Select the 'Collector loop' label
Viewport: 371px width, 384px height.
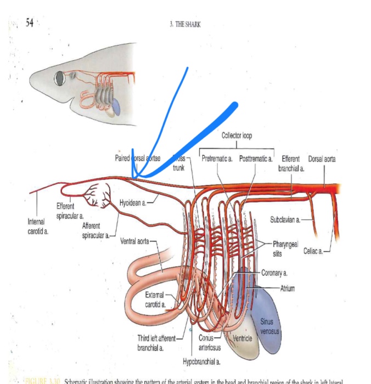point(237,135)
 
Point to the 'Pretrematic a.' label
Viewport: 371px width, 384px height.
point(218,159)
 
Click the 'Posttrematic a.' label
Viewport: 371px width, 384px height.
point(256,159)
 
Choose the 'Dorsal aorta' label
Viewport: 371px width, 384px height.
point(322,159)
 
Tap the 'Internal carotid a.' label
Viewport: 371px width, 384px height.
point(38,227)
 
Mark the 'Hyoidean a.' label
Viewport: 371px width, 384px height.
point(132,203)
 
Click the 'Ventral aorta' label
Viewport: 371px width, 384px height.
point(134,241)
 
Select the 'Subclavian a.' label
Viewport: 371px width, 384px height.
point(285,219)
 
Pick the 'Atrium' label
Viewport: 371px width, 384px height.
point(288,288)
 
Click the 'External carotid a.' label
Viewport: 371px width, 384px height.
point(156,299)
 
